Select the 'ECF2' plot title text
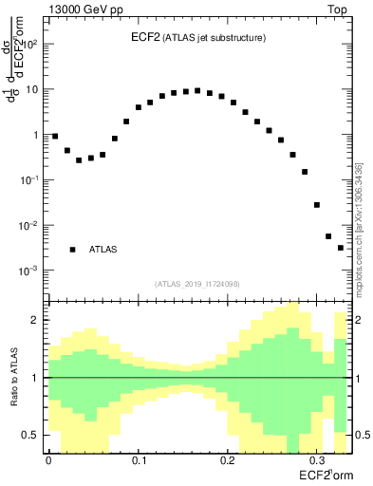(145, 37)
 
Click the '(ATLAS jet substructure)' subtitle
(213, 38)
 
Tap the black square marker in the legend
(72, 250)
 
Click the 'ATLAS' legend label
(103, 250)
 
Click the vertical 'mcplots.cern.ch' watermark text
(358, 228)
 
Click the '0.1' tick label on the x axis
(139, 459)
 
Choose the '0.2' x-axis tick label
(228, 459)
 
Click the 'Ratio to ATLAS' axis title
(14, 377)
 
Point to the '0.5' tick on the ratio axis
(30, 435)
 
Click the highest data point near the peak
(197, 90)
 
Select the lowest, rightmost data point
(341, 248)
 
